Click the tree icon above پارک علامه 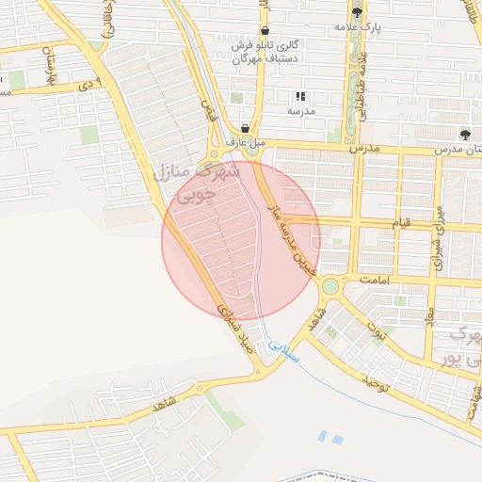[357, 12]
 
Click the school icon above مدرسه [300, 96]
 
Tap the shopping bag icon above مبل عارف [246, 128]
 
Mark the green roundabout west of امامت [329, 285]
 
